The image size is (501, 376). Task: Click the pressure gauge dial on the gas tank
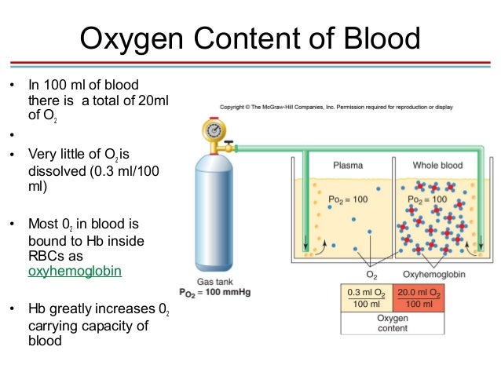[x=211, y=129]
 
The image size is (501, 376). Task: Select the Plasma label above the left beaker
[x=347, y=166]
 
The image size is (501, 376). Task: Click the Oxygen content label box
[x=393, y=323]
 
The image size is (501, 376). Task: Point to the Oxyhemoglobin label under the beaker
[x=431, y=276]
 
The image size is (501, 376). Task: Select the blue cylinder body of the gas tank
[x=211, y=212]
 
